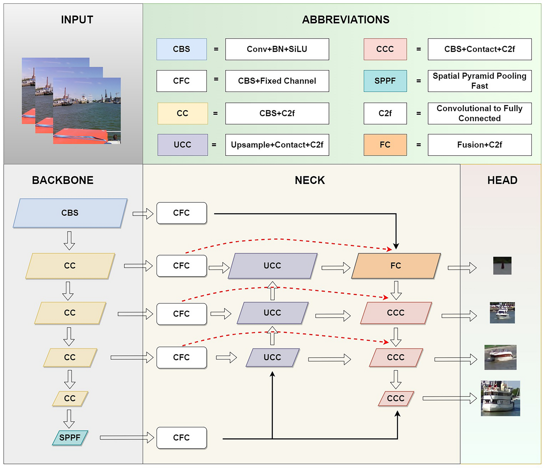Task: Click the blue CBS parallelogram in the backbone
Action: click(70, 213)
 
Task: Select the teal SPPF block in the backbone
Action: click(70, 437)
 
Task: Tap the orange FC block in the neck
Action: click(396, 266)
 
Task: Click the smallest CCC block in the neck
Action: click(396, 398)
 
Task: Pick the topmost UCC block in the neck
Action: click(272, 266)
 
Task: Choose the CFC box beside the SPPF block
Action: click(181, 437)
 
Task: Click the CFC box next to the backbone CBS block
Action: click(181, 213)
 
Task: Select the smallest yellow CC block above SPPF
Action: click(70, 398)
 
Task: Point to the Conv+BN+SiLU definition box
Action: click(277, 49)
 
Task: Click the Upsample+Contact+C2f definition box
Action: click(277, 145)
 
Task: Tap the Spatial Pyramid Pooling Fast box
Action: click(479, 81)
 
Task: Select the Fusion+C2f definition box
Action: click(479, 145)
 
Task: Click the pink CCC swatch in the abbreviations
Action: click(385, 49)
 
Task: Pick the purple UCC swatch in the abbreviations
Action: click(182, 145)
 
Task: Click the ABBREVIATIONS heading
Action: click(345, 20)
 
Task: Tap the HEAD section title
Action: click(502, 180)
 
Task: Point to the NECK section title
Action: click(310, 180)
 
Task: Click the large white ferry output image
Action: click(500, 398)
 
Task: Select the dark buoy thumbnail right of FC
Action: click(502, 266)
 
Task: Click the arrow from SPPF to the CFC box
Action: click(127, 437)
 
